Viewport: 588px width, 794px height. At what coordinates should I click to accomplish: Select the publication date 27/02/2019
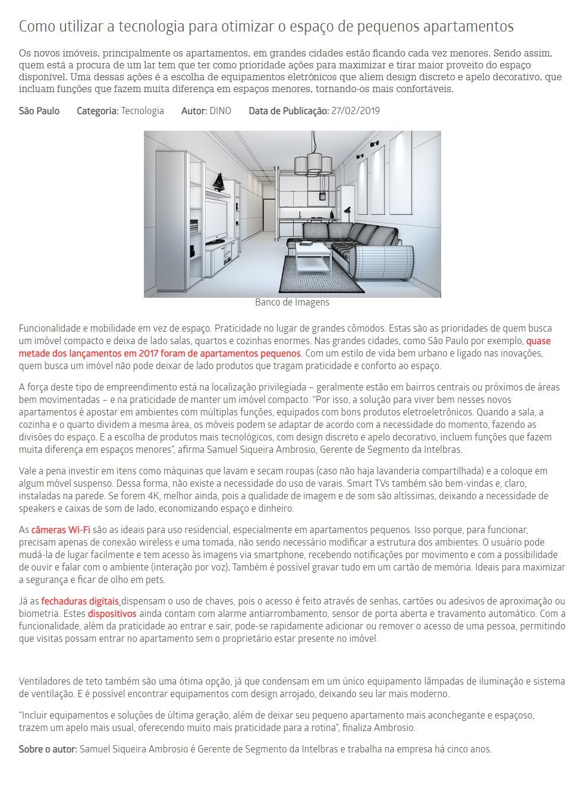[355, 111]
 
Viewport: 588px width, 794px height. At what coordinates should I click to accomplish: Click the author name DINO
[220, 111]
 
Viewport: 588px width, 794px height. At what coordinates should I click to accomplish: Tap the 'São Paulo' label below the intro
[39, 111]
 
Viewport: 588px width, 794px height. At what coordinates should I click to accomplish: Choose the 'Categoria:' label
[98, 111]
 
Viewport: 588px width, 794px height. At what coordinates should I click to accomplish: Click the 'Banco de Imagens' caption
[292, 302]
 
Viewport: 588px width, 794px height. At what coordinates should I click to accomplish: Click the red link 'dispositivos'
[112, 614]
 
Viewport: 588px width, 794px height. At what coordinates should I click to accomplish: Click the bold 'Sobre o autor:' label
[48, 749]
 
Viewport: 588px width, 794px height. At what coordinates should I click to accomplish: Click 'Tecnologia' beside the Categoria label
[142, 111]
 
